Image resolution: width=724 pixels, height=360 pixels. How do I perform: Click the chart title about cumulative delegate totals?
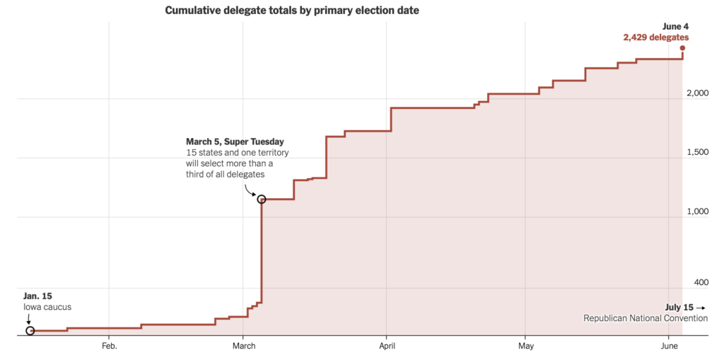291,11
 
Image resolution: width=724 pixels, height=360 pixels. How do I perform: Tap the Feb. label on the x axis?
109,346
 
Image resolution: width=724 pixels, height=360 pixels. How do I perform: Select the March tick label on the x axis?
244,346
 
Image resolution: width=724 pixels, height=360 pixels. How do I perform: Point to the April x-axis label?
387,346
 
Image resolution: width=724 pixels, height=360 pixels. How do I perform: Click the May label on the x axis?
525,346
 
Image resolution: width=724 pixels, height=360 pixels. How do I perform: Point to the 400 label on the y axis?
701,282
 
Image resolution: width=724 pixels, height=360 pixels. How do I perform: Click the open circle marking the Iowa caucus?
30,330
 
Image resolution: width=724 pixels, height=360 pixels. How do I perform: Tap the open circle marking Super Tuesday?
262,199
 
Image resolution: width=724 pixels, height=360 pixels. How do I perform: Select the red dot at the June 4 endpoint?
682,48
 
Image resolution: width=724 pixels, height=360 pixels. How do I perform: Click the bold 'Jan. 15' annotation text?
37,296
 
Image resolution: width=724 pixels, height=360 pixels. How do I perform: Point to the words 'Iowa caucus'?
47,307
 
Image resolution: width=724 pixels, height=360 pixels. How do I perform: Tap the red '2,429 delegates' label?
655,37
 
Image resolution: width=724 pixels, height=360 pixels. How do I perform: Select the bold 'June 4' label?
675,26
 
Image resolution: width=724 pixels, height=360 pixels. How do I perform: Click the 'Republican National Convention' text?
645,318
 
